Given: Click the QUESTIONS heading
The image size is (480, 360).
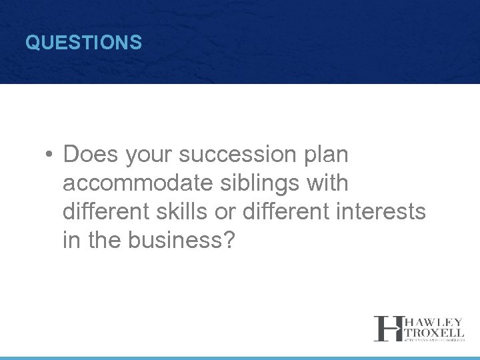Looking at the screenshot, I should coord(83,43).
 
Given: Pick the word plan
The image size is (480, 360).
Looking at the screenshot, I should coord(325,155).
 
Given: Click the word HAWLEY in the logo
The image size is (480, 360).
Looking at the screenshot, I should coord(433,322).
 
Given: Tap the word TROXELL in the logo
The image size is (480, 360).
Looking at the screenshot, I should coord(433,332).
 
